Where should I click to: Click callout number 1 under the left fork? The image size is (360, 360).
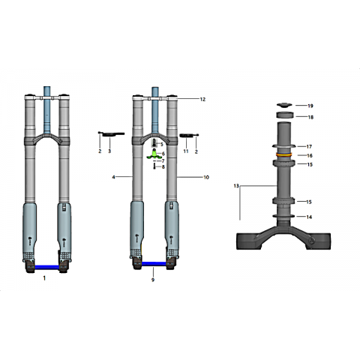pos(44,278)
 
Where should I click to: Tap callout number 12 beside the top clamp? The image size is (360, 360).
pos(202,99)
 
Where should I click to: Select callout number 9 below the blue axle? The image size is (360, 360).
pos(153,280)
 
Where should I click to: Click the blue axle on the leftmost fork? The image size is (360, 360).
pos(47,267)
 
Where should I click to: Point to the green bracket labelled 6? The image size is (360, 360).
pos(154,155)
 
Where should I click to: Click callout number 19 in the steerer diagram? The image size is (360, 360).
pos(310,106)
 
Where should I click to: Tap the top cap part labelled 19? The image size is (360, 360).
pos(284,105)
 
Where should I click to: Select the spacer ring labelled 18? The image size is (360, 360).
pos(284,115)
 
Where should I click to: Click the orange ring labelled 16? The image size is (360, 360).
pos(283,154)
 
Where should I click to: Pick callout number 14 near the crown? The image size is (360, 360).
pos(309,217)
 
